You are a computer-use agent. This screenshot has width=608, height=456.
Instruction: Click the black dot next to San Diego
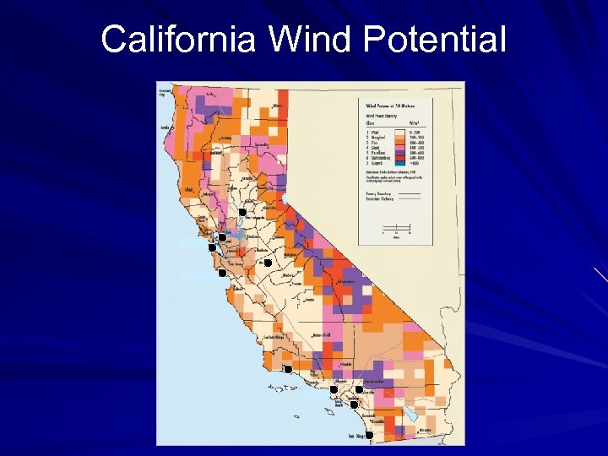[369, 435]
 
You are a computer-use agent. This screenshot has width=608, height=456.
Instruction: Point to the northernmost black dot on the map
[242, 211]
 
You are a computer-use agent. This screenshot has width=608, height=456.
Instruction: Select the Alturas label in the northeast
[276, 106]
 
